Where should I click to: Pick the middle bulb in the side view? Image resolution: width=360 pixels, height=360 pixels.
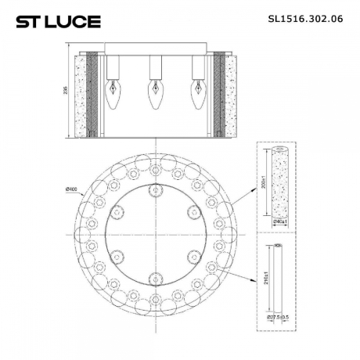tap(153, 94)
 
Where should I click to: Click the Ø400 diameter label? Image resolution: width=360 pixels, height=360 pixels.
tap(71, 189)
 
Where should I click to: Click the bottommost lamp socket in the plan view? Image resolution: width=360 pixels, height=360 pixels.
tap(155, 275)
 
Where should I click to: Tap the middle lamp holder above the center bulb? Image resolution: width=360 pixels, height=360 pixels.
tap(153, 67)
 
